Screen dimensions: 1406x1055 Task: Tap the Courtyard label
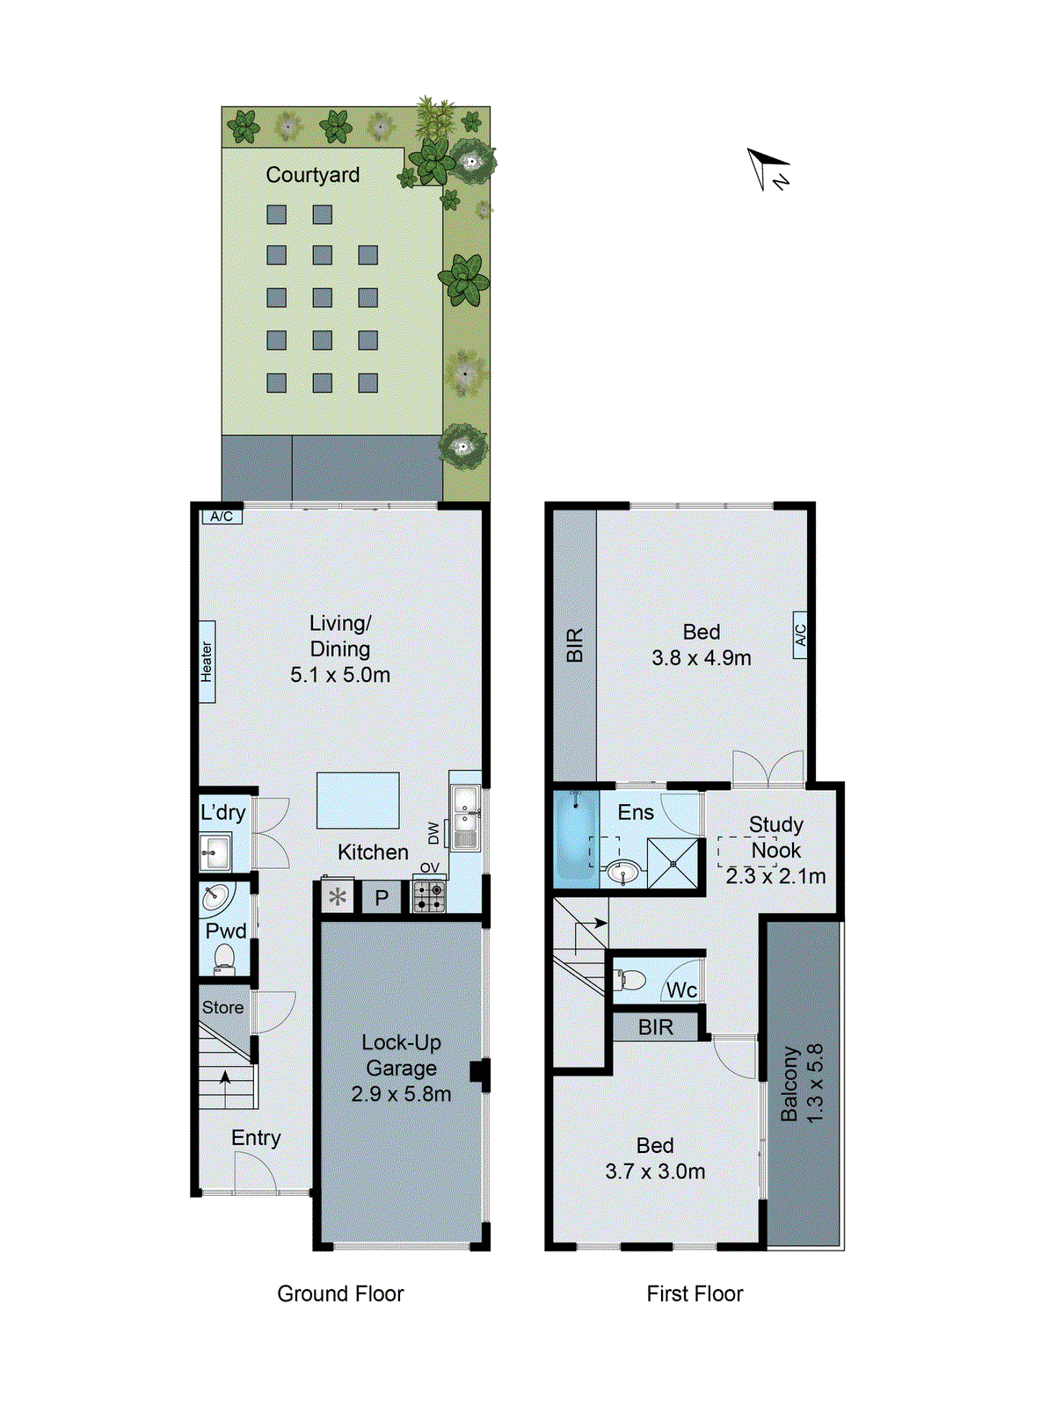point(312,175)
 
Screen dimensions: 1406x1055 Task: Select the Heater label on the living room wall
point(207,661)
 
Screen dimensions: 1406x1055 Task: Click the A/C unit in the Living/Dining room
point(222,517)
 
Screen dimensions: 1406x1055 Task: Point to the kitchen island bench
point(358,801)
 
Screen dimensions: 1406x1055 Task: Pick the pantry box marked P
point(382,898)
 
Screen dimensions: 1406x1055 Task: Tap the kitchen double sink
point(465,816)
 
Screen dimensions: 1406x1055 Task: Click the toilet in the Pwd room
point(224,959)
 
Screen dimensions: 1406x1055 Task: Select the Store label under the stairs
point(222,1008)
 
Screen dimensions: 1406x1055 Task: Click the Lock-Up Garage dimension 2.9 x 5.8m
point(401,1094)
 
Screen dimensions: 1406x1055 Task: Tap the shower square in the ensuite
point(673,865)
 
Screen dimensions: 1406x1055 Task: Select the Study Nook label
point(775,837)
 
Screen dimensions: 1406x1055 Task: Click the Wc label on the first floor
point(681,990)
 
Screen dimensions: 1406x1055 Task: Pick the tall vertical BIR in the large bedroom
point(574,646)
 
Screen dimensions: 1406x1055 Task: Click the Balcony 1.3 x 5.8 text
point(802,1083)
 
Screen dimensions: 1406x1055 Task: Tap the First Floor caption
point(695,1294)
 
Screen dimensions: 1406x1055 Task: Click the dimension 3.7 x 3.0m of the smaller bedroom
point(655,1171)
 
